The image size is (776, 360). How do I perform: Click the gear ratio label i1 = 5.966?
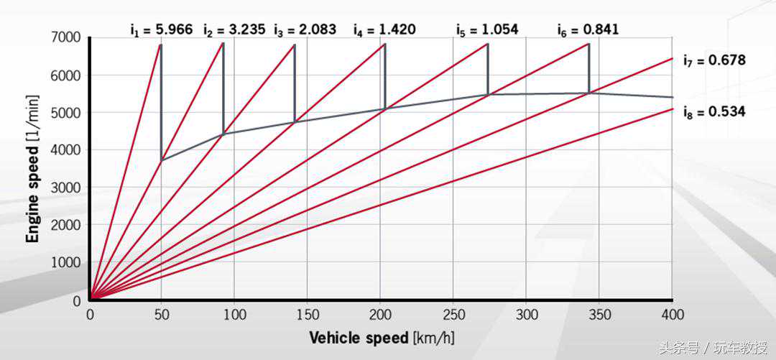161,29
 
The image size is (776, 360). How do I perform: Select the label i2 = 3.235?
234,29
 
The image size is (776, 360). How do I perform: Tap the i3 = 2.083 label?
305,29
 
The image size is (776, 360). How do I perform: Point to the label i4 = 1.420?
385,29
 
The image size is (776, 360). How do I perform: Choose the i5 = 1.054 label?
488,29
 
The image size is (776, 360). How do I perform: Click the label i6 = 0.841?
588,29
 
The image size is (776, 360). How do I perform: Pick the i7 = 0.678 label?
714,60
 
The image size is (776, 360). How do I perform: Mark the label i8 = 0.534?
714,111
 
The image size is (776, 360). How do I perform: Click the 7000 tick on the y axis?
67,37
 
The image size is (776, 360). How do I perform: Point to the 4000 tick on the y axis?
67,150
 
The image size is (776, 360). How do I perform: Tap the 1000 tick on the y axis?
67,263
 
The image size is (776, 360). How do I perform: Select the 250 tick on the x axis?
453,315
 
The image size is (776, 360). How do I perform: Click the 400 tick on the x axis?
672,315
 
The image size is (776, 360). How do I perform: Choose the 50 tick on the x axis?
162,315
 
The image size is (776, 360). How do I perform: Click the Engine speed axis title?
33,169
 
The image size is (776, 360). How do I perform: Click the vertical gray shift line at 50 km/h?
161,101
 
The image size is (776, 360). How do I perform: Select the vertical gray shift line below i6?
589,68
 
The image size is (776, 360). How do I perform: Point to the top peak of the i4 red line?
385,45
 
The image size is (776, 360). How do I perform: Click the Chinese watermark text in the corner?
719,349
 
